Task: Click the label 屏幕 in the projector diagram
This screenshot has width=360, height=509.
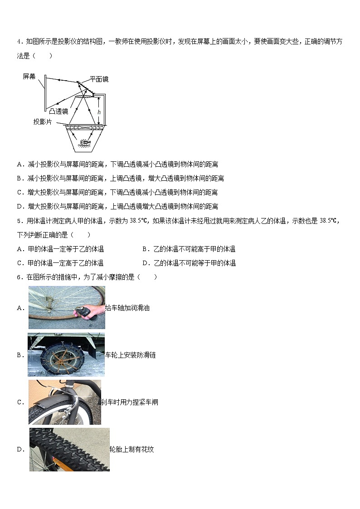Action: (29, 77)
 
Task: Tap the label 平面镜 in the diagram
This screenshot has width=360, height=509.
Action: (99, 79)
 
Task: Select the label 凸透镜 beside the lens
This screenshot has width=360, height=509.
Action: (58, 111)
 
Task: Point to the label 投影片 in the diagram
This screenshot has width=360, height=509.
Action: (43, 121)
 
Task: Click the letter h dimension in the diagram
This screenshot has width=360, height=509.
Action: (99, 111)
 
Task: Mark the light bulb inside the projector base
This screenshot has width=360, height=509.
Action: (85, 144)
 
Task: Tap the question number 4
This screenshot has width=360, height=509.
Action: (19, 42)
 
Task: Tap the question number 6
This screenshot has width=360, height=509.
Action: (19, 277)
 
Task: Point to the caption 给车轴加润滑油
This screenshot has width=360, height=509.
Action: (127, 308)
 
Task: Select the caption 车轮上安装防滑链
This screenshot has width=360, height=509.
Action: (131, 355)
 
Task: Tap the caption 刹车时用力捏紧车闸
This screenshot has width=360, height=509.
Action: (129, 402)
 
